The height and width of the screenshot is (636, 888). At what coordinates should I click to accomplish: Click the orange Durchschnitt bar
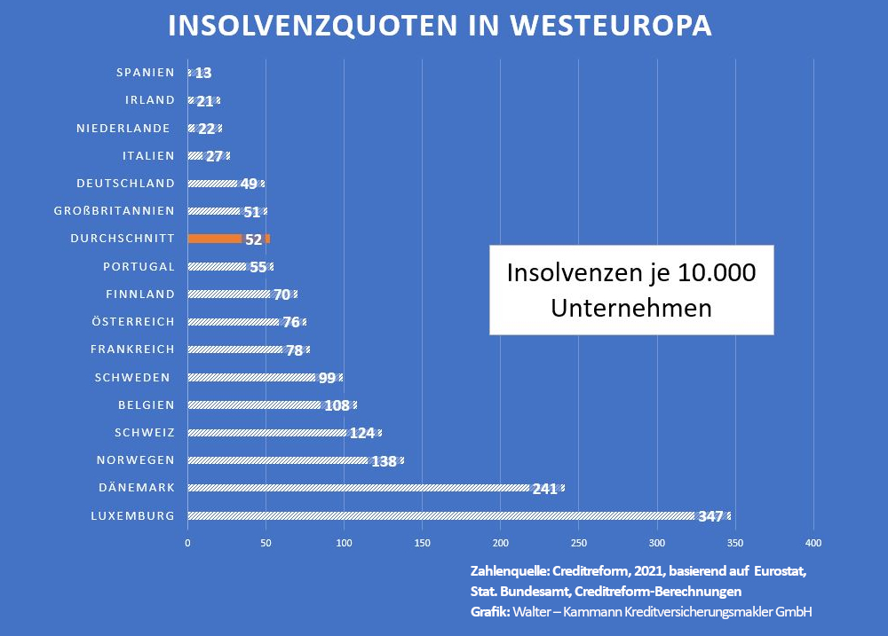(x=215, y=239)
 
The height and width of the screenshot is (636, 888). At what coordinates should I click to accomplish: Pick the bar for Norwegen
(x=277, y=460)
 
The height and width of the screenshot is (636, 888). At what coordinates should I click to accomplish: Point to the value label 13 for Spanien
(x=203, y=74)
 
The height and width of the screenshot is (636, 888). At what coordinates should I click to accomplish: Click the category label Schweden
(x=132, y=377)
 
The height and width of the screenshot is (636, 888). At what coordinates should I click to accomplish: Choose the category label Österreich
(x=132, y=322)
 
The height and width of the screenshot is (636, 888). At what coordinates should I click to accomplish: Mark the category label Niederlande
(x=123, y=129)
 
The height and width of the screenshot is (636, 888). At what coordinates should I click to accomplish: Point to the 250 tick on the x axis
(x=579, y=542)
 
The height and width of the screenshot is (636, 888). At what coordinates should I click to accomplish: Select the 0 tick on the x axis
(x=188, y=542)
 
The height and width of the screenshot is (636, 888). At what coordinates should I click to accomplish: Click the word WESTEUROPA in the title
(x=610, y=26)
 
